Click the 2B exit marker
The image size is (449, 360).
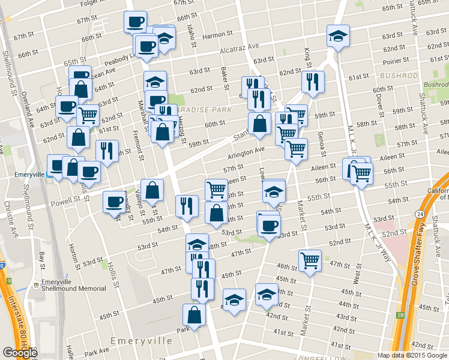tap(401, 314)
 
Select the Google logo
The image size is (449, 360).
tap(20, 353)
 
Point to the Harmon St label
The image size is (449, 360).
tap(212, 36)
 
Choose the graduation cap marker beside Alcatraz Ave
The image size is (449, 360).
tap(338, 35)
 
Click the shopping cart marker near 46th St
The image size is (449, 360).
tap(310, 261)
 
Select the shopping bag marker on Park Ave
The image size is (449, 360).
tap(194, 314)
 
